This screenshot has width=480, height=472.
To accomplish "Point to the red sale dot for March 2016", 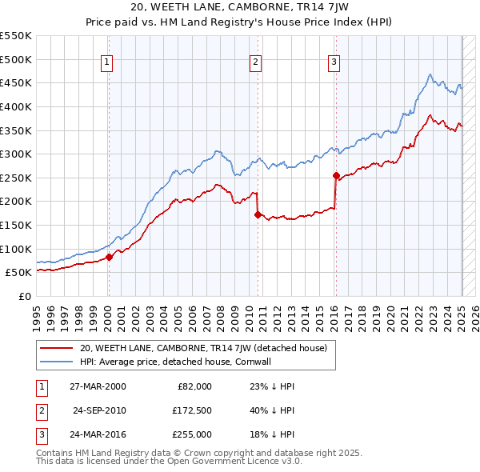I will click(336, 175).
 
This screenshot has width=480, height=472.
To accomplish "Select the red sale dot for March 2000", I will click(110, 257).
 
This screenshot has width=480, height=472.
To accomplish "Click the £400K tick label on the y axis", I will click(16, 106).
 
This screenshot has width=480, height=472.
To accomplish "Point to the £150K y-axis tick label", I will click(16, 225).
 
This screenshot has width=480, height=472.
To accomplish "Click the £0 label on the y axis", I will click(24, 296).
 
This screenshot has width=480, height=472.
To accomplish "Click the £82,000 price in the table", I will click(194, 386).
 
